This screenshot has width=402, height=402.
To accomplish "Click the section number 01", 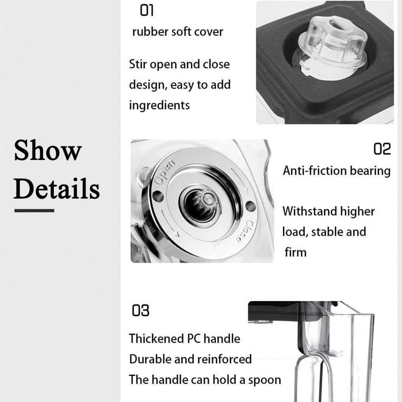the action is (146, 11).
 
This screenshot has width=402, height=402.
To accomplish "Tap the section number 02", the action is (382, 149).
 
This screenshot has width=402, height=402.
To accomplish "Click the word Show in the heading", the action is (48, 150).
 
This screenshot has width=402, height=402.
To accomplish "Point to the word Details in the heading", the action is (57, 188).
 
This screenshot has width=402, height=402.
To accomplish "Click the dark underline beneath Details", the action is (34, 211).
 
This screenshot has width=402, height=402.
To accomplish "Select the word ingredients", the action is (159, 105).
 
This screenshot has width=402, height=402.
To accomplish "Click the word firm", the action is (295, 252).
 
